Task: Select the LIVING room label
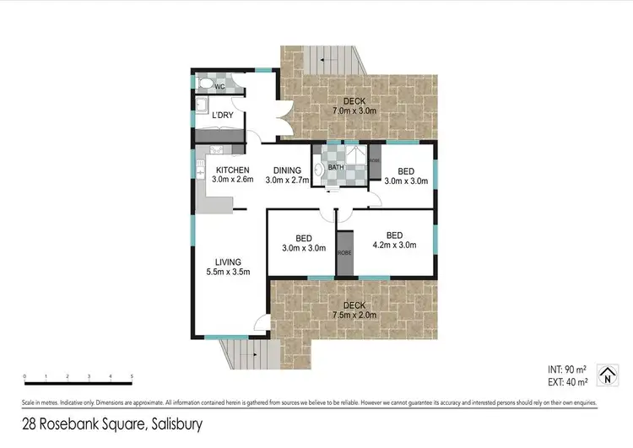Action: [229, 262]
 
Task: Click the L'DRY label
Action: [222, 116]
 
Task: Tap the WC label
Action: [220, 87]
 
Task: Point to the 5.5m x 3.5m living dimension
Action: [229, 272]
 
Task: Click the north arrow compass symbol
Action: [604, 375]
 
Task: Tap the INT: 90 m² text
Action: [567, 369]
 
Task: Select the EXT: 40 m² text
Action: [567, 381]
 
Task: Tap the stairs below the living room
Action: [248, 354]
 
